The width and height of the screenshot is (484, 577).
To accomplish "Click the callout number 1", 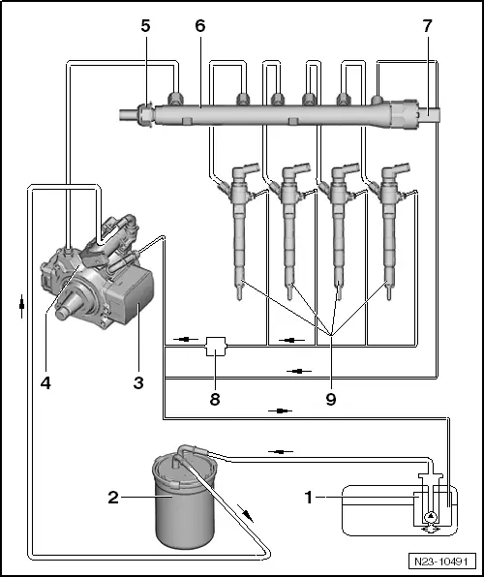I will [309, 498].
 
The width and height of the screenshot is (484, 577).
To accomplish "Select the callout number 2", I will [114, 498].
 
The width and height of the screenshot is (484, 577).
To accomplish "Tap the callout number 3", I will [138, 382].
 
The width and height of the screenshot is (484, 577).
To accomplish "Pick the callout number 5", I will [145, 26].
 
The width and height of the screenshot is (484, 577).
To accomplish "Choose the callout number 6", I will [200, 26].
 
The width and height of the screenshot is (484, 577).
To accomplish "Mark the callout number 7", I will [427, 26].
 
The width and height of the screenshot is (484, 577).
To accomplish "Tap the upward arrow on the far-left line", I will [20, 303].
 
